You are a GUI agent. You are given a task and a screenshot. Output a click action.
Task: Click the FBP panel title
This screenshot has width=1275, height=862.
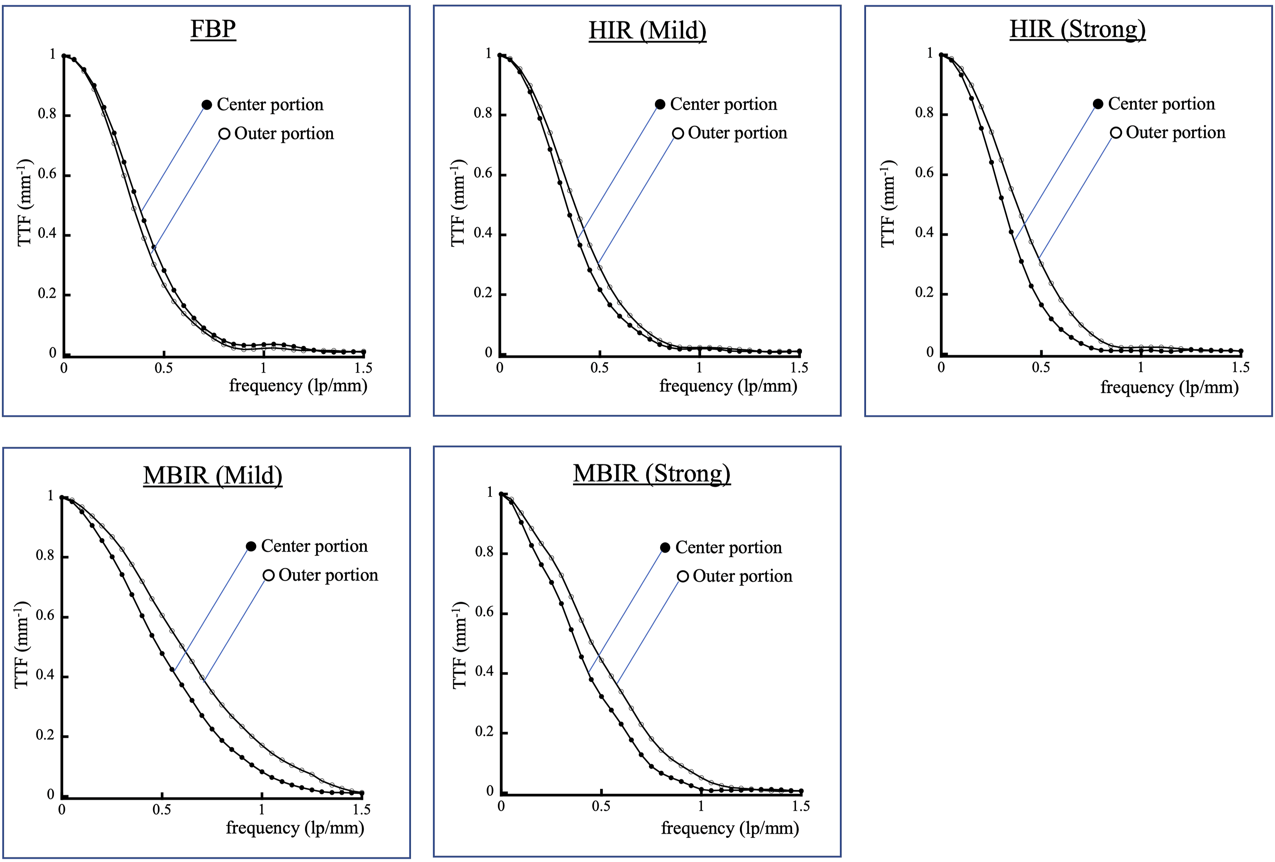[x=213, y=29]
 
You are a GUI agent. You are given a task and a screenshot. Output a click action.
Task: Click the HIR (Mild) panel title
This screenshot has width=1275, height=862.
[x=647, y=30]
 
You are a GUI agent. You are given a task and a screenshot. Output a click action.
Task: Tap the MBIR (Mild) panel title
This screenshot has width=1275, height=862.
[x=213, y=475]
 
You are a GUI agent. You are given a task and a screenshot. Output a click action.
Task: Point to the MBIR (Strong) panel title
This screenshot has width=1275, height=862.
[x=652, y=473]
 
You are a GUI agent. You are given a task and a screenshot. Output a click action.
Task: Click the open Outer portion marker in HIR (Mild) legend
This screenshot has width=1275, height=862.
[x=678, y=133]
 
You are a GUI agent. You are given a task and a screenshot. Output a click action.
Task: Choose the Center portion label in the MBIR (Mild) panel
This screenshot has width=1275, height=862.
[x=314, y=546]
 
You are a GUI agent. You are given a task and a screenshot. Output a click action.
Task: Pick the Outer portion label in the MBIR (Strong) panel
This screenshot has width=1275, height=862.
[x=743, y=576]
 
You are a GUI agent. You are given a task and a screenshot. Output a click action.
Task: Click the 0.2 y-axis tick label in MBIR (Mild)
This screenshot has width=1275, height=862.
[x=45, y=735]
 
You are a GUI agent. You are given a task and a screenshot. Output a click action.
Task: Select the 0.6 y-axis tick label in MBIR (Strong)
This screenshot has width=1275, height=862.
[x=485, y=612]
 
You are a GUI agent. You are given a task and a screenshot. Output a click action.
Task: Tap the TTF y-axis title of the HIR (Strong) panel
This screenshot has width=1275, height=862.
[x=888, y=203]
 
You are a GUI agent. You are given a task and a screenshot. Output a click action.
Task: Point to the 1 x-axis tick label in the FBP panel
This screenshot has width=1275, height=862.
[x=263, y=368]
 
